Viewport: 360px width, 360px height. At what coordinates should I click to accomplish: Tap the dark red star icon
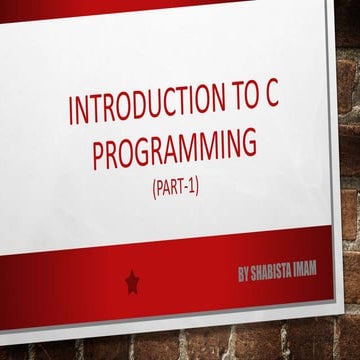coord(132,283)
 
